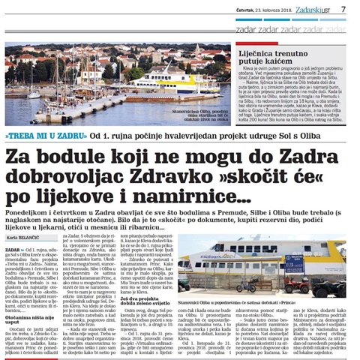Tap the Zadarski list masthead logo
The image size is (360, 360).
point(310,10)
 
